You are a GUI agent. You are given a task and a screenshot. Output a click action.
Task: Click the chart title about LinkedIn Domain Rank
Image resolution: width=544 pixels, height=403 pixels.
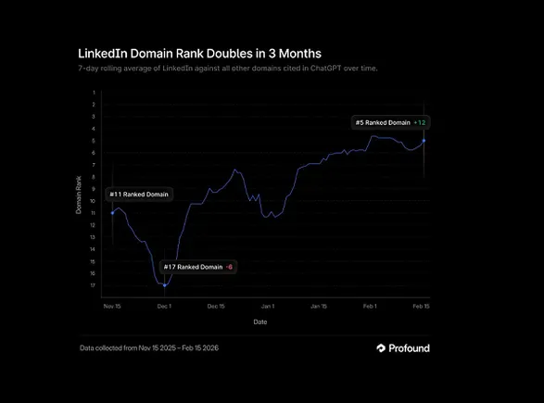(x=188, y=54)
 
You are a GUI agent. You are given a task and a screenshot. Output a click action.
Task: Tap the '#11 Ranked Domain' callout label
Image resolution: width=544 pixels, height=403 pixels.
(x=139, y=195)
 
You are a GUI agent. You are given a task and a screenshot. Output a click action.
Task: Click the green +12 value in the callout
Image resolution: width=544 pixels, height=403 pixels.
(x=421, y=122)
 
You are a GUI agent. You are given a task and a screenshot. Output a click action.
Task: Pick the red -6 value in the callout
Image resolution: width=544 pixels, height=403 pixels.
(x=230, y=267)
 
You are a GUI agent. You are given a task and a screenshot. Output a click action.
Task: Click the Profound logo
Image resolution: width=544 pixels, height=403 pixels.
(x=403, y=348)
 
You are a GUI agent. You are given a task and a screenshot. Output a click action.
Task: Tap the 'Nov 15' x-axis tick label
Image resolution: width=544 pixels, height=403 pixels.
(x=112, y=305)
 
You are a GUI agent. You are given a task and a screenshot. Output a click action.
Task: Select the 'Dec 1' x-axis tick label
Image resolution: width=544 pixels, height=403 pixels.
(x=164, y=305)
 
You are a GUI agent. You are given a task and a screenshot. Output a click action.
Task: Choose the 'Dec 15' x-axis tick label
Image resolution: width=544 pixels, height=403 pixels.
(x=216, y=305)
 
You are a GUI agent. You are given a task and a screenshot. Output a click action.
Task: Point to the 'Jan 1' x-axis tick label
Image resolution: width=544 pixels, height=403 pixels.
(x=268, y=305)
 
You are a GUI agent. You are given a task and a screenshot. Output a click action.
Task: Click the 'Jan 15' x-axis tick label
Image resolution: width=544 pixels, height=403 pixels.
(x=319, y=305)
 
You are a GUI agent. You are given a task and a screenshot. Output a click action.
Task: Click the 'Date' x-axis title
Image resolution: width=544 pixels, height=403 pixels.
(x=261, y=321)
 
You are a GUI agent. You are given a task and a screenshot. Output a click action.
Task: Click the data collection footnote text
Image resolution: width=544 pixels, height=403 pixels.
(x=149, y=348)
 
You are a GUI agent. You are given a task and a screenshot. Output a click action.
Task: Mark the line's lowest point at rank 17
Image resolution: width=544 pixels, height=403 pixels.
(x=164, y=285)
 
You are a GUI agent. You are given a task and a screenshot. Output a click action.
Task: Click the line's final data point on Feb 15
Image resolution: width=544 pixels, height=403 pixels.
(x=424, y=141)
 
